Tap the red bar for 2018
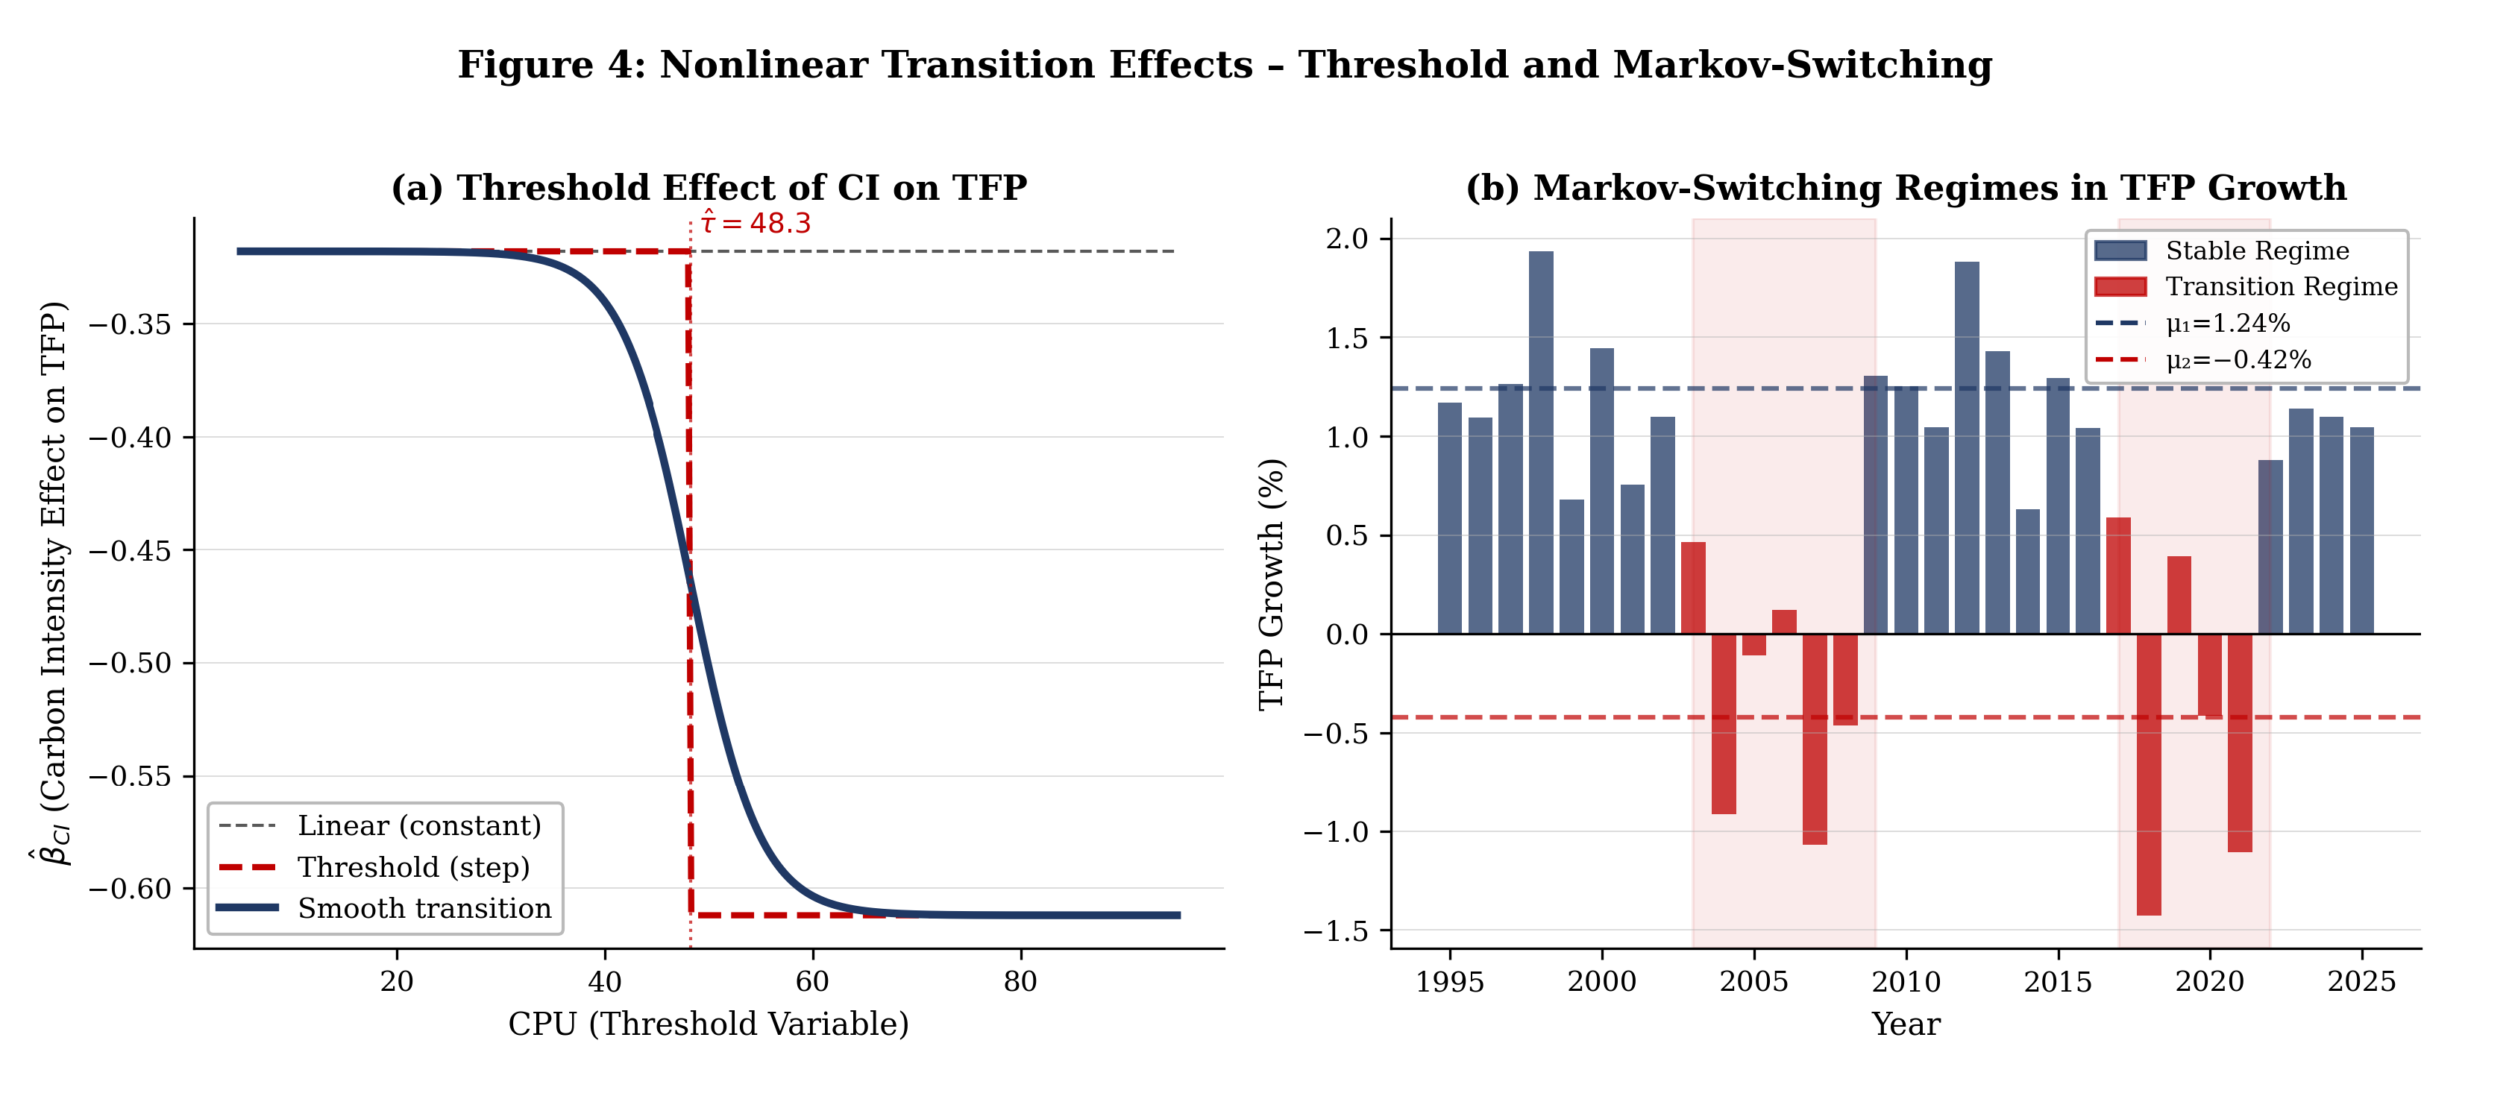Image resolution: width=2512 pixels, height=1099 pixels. pos(2148,774)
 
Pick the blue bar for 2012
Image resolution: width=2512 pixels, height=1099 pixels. pos(1967,447)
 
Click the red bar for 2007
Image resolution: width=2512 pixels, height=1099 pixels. pos(1815,739)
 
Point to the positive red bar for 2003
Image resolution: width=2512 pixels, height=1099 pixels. pos(1693,588)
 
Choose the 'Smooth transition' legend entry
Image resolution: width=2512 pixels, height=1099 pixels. pos(384,908)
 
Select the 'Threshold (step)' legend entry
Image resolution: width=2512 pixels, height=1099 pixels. pos(374,867)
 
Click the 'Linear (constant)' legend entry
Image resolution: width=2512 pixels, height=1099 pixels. pos(380,826)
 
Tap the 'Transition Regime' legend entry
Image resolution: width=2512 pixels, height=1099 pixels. pos(2246,287)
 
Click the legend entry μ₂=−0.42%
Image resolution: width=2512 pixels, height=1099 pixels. pos(2203,360)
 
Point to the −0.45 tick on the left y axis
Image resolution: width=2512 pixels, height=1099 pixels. pos(130,551)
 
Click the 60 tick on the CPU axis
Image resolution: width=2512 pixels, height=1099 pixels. pos(812,981)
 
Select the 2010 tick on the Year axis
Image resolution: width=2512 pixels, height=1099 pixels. pos(1906,981)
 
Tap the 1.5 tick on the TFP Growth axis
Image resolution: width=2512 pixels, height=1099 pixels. pos(1347,338)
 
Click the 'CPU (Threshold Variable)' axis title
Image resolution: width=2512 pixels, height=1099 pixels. pos(709,1024)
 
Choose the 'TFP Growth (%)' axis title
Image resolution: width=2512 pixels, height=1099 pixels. pos(1271,584)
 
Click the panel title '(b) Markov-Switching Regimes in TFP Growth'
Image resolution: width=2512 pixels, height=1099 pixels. pos(1906,187)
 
